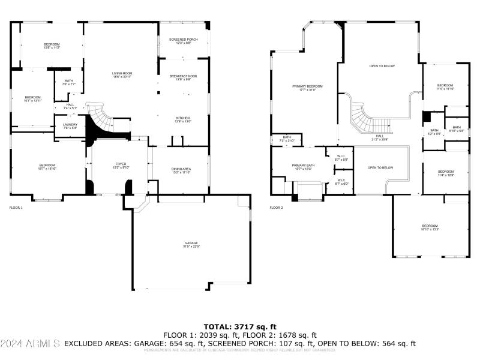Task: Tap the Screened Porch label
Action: click(x=183, y=41)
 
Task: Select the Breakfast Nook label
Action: click(x=183, y=78)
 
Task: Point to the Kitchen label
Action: click(x=183, y=119)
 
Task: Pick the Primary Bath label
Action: click(x=303, y=167)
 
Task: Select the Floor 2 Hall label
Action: click(x=380, y=138)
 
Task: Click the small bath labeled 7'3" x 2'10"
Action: click(x=287, y=139)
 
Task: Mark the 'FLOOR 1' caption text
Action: click(x=16, y=208)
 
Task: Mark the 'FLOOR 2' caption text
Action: click(x=276, y=208)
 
